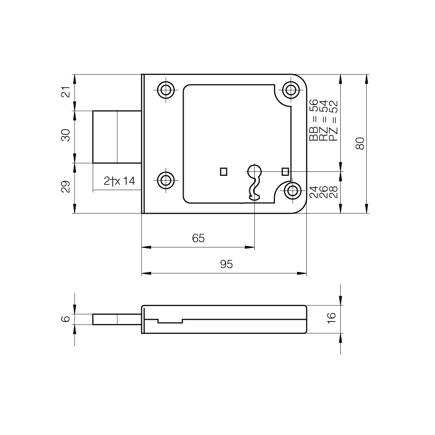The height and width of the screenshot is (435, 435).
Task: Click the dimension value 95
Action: (x=226, y=264)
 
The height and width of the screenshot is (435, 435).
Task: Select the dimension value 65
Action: (x=198, y=238)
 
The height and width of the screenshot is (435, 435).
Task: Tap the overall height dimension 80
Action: (x=360, y=143)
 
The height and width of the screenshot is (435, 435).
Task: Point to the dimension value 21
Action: (x=66, y=92)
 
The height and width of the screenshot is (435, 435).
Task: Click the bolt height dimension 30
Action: (x=66, y=135)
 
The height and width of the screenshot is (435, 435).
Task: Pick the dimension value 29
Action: (x=66, y=187)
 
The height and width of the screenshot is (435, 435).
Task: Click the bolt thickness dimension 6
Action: (x=66, y=319)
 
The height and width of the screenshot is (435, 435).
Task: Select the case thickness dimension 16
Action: (x=332, y=318)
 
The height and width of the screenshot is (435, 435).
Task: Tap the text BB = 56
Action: (x=314, y=120)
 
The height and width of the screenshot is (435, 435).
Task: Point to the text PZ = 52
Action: (x=333, y=121)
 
